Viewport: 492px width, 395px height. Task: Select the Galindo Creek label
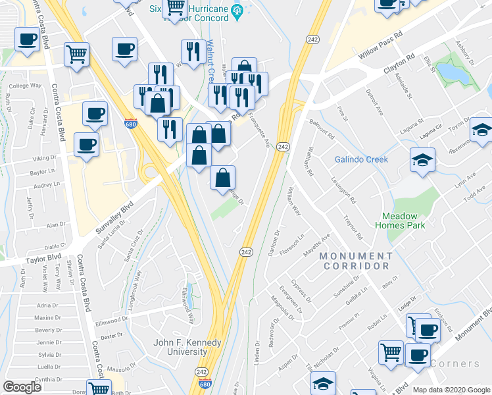[361, 159]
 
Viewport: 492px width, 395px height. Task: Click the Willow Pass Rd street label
[380, 45]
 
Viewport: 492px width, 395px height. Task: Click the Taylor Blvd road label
[45, 257]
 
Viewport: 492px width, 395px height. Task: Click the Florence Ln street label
[291, 245]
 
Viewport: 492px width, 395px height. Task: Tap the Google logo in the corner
[22, 387]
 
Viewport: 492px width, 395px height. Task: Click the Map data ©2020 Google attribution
[451, 390]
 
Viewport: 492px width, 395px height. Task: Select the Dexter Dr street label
[111, 335]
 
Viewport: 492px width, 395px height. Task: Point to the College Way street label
[26, 86]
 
